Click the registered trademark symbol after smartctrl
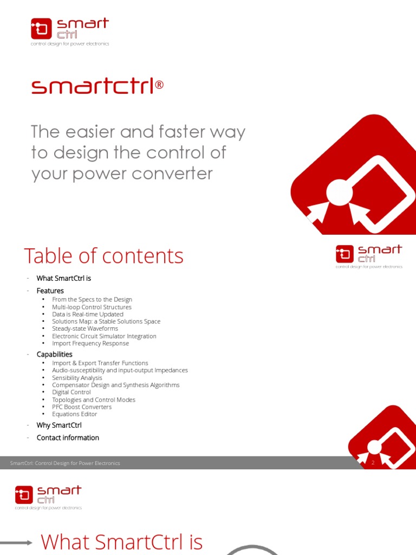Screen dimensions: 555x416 pyautogui.click(x=159, y=86)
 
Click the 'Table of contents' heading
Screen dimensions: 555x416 pyautogui.click(x=103, y=256)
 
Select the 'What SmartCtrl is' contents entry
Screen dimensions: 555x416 pyautogui.click(x=64, y=278)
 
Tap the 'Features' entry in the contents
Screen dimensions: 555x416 pyautogui.click(x=50, y=291)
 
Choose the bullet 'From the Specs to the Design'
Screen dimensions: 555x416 pyautogui.click(x=92, y=299)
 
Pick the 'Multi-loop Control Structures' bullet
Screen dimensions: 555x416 pyautogui.click(x=92, y=307)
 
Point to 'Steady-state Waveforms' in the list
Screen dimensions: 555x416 pyautogui.click(x=85, y=328)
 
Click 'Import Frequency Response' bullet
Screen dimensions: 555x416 pyautogui.click(x=90, y=343)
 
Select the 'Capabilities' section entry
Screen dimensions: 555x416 pyautogui.click(x=55, y=354)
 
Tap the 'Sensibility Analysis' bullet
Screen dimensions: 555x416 pyautogui.click(x=77, y=378)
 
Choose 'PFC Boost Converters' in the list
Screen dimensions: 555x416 pyautogui.click(x=82, y=406)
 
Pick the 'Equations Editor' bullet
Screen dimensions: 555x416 pyautogui.click(x=75, y=414)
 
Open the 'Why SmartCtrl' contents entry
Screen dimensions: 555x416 pyautogui.click(x=59, y=425)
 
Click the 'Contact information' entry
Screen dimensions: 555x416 pyautogui.click(x=68, y=437)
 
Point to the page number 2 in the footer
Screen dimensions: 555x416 pyautogui.click(x=373, y=463)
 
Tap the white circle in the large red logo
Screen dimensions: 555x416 pyautogui.click(x=340, y=192)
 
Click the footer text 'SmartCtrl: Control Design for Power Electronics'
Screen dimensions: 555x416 pyautogui.click(x=65, y=463)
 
